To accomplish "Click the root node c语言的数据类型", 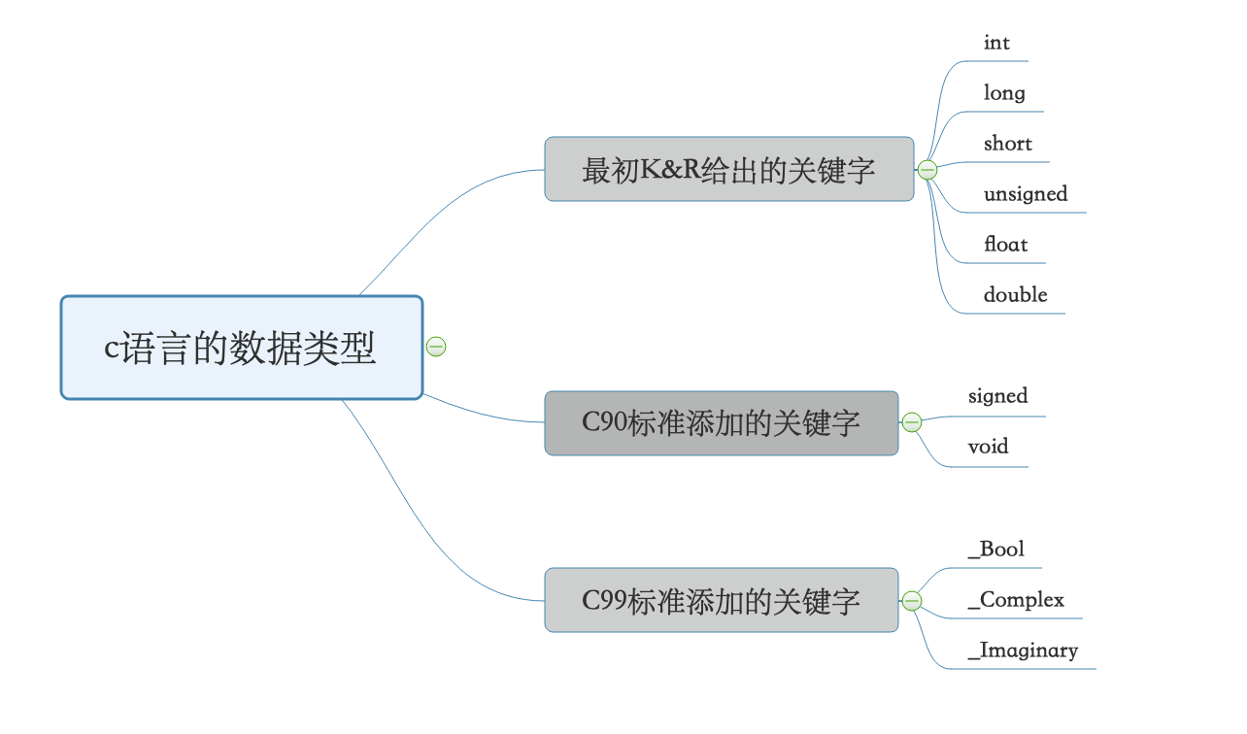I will (241, 348).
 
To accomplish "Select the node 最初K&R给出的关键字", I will (728, 170).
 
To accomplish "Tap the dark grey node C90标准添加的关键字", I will (721, 423).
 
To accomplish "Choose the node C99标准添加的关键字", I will (721, 600).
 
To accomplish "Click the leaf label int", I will (996, 43).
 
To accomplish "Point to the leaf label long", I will (1003, 93).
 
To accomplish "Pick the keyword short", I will (1007, 144).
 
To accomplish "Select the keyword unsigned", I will (1025, 194).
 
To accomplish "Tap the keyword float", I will (1005, 245).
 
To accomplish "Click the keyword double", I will (1015, 295).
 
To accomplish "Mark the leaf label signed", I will (997, 396).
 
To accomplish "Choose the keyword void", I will (988, 447).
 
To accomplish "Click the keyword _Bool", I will (995, 550).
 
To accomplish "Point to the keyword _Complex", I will (1016, 600).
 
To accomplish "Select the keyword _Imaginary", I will (1023, 651).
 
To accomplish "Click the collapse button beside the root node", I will (436, 347).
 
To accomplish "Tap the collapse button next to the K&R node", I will (927, 170).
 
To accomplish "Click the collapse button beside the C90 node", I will (912, 422).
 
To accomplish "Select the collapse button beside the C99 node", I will (912, 601).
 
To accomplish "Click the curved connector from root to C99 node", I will (418, 515).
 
